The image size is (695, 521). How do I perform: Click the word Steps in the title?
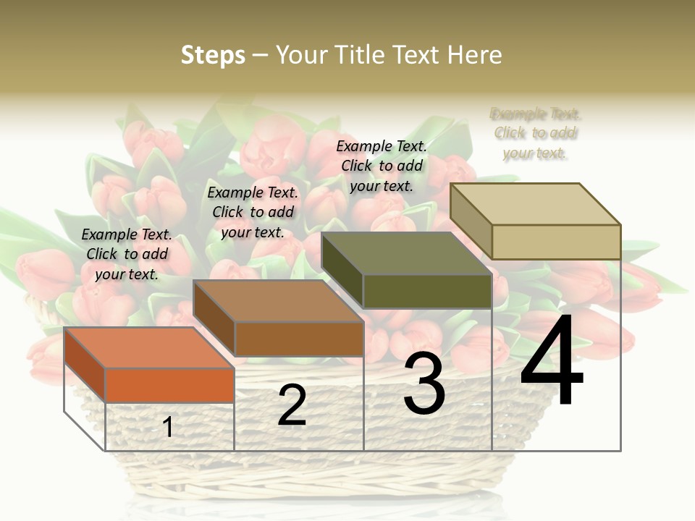(213, 55)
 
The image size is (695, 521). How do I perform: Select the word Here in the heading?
(474, 55)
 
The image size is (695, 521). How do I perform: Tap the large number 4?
(552, 362)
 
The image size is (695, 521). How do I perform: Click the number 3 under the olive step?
(424, 384)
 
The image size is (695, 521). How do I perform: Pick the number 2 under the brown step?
(292, 405)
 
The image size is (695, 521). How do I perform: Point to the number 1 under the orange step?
(168, 427)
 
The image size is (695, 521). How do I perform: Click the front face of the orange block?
(169, 385)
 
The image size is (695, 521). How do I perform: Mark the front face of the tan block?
(556, 242)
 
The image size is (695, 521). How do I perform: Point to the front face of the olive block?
(427, 291)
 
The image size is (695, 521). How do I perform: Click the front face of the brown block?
(298, 339)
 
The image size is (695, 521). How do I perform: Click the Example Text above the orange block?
(127, 254)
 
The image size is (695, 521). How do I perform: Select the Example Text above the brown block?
(253, 212)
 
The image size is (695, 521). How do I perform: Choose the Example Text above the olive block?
(382, 166)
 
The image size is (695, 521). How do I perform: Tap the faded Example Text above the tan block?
(536, 133)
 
